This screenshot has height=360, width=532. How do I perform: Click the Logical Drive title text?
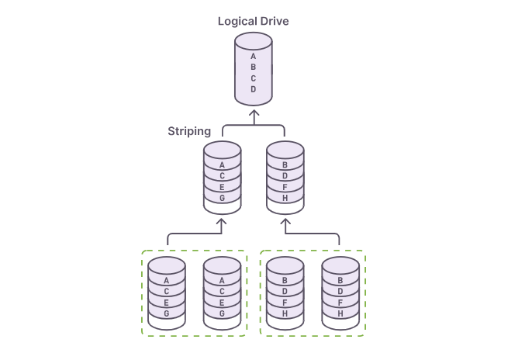pyautogui.click(x=253, y=21)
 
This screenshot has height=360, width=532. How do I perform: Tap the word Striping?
pyautogui.click(x=189, y=131)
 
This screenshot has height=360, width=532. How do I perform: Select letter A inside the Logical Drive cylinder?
pyautogui.click(x=254, y=56)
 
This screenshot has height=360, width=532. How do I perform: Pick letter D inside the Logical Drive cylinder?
pyautogui.click(x=254, y=89)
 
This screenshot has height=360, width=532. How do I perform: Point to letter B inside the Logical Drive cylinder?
pyautogui.click(x=254, y=67)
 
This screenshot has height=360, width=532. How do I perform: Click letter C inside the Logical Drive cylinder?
pyautogui.click(x=254, y=78)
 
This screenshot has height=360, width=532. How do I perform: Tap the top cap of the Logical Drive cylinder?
pyautogui.click(x=254, y=39)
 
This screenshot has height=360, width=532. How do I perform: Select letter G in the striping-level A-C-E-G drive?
pyautogui.click(x=223, y=198)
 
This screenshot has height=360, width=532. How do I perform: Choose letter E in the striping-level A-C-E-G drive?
pyautogui.click(x=223, y=187)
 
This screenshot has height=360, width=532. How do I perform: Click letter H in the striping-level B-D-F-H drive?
pyautogui.click(x=285, y=198)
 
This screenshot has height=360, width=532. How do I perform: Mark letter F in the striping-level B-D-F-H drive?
pyautogui.click(x=285, y=187)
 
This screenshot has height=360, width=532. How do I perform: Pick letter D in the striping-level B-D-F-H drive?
pyautogui.click(x=285, y=176)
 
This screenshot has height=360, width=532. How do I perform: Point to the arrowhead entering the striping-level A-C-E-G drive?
pyautogui.click(x=223, y=223)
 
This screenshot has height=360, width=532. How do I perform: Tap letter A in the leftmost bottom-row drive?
pyautogui.click(x=167, y=281)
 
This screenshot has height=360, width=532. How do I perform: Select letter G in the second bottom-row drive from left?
pyautogui.click(x=223, y=313)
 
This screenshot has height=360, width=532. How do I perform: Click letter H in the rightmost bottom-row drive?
pyautogui.click(x=340, y=313)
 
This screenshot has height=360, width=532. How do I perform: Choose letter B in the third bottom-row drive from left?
pyautogui.click(x=285, y=281)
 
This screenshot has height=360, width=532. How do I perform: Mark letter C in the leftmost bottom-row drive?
pyautogui.click(x=167, y=292)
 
